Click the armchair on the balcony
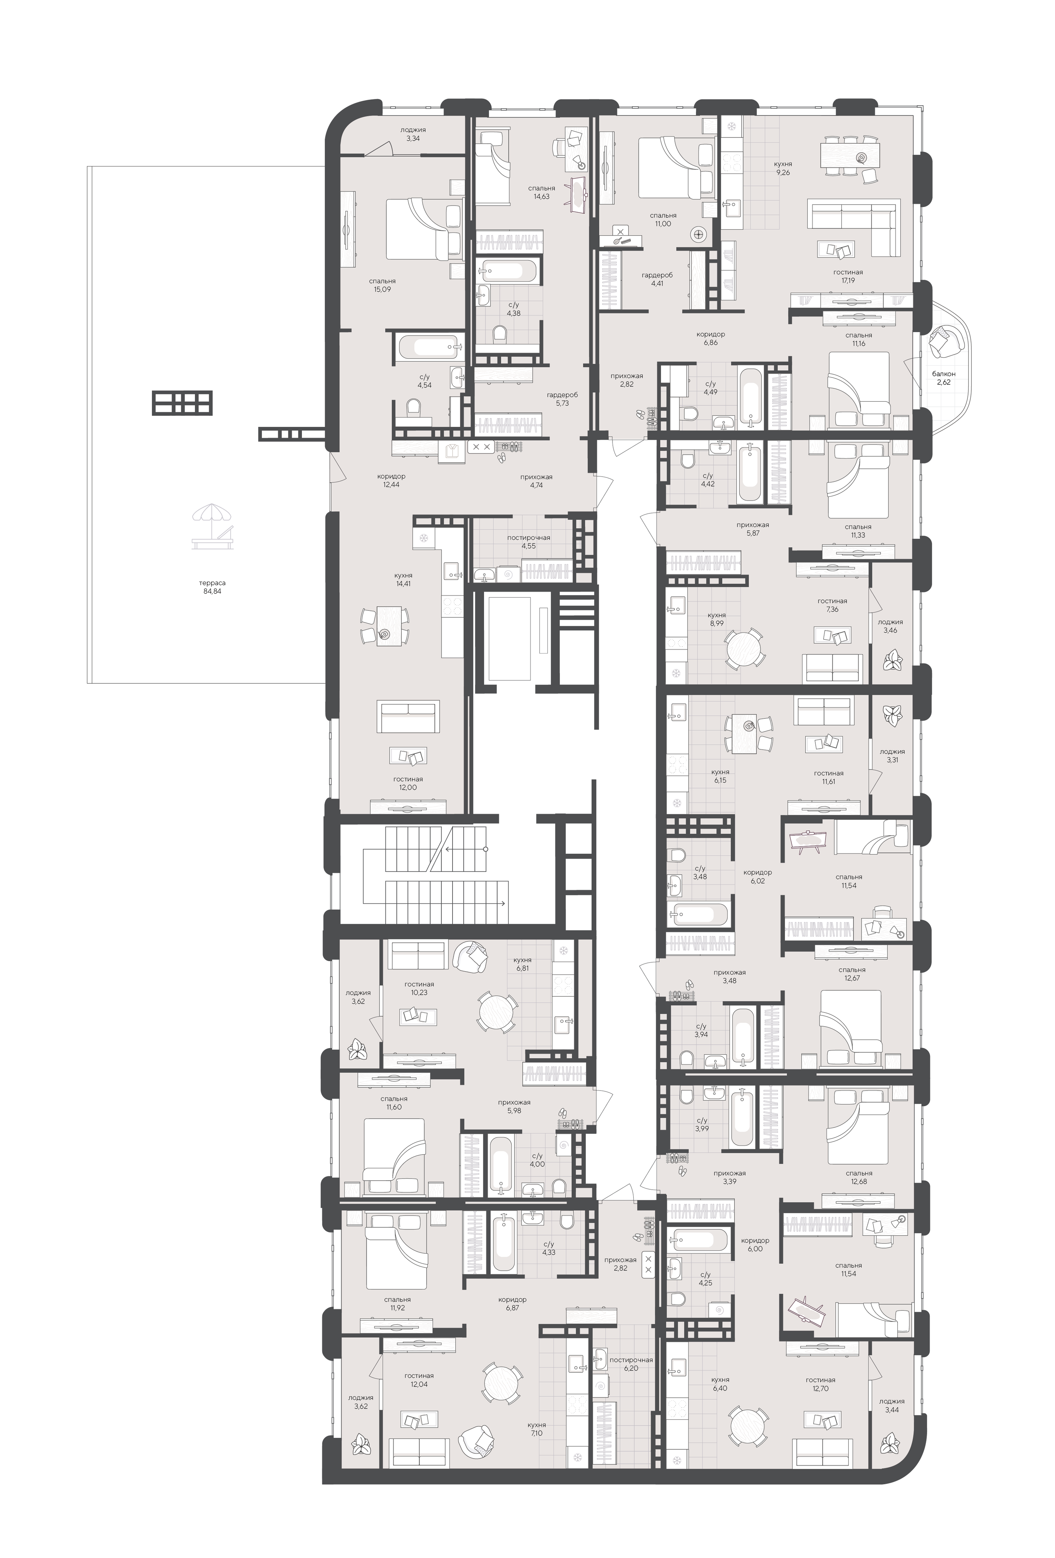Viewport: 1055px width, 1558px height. click(x=946, y=341)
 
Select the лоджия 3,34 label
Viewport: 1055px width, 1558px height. click(x=413, y=134)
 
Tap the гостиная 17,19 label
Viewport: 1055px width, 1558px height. click(x=848, y=276)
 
